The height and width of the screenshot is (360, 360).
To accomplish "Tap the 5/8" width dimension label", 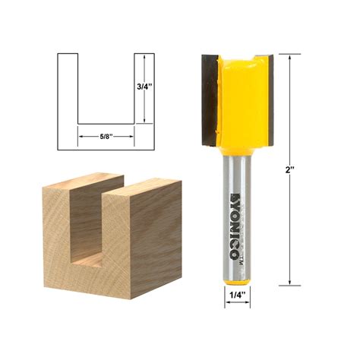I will (x=106, y=136).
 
